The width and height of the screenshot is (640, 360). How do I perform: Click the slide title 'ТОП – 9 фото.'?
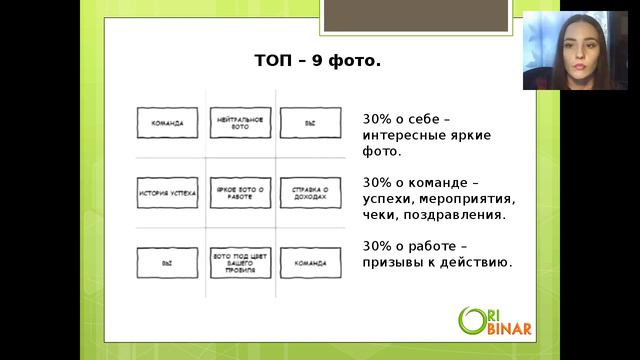coord(317,63)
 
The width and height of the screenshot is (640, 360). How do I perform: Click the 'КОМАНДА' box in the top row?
coord(166,123)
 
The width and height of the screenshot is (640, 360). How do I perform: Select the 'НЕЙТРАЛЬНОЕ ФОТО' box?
coord(240,123)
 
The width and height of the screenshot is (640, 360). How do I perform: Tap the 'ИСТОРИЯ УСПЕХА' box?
coord(166,190)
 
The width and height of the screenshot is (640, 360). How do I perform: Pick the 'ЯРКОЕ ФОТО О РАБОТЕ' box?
coord(240,190)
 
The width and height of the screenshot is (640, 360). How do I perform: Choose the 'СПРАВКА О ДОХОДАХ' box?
coord(311,190)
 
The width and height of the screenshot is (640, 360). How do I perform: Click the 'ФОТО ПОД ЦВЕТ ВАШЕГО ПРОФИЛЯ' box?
coord(240,262)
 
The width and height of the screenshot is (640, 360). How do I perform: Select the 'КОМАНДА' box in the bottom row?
coord(311,262)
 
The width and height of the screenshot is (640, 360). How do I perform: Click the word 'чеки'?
coord(381,214)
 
